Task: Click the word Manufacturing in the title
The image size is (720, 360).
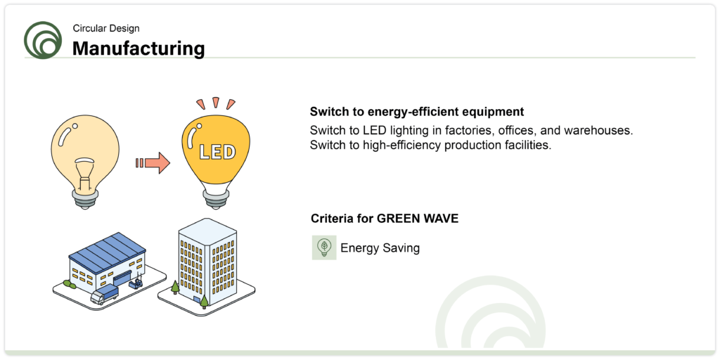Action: [139, 49]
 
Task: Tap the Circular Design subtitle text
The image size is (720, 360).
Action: [106, 28]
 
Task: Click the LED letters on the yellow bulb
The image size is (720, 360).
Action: [217, 153]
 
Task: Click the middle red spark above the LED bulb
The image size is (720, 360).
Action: [215, 102]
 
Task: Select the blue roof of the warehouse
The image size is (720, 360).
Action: [107, 251]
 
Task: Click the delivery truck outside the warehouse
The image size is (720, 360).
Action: [104, 294]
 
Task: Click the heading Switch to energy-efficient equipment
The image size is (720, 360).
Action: [417, 112]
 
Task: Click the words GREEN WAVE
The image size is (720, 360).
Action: [418, 219]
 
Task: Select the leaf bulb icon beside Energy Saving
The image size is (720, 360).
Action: [324, 248]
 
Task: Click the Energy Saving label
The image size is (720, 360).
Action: [380, 248]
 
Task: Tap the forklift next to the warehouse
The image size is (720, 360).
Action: [136, 281]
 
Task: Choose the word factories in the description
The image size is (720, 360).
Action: [470, 130]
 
